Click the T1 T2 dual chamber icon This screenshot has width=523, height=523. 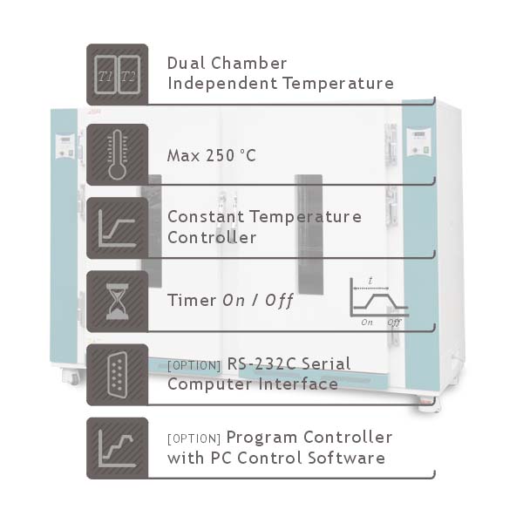[x=117, y=75]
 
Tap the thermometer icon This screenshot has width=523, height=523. [x=117, y=155]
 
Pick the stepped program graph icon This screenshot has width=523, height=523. [x=117, y=448]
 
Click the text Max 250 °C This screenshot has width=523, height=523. [x=211, y=156]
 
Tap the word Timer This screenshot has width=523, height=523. [x=191, y=300]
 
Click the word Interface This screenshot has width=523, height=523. [x=301, y=384]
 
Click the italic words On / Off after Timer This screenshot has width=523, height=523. [x=258, y=300]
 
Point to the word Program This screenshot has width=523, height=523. [x=261, y=438]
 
